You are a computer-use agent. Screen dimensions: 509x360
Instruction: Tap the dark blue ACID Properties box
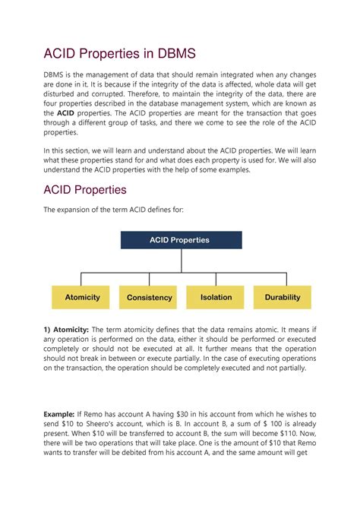point(181,240)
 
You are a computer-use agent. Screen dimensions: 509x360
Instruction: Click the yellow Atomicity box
point(82,297)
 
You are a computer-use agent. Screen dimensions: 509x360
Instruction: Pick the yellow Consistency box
point(149,297)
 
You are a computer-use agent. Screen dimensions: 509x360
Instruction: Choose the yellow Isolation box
point(216,297)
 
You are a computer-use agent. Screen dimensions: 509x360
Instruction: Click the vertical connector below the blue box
point(181,260)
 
